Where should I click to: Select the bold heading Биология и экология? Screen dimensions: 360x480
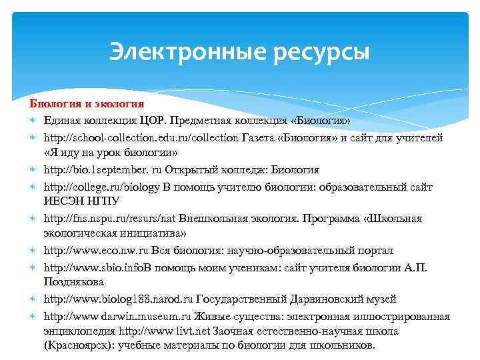pos(86,104)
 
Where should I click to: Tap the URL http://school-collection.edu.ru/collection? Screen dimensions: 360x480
pos(141,137)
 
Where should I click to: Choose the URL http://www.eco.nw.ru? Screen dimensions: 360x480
pos(97,251)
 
